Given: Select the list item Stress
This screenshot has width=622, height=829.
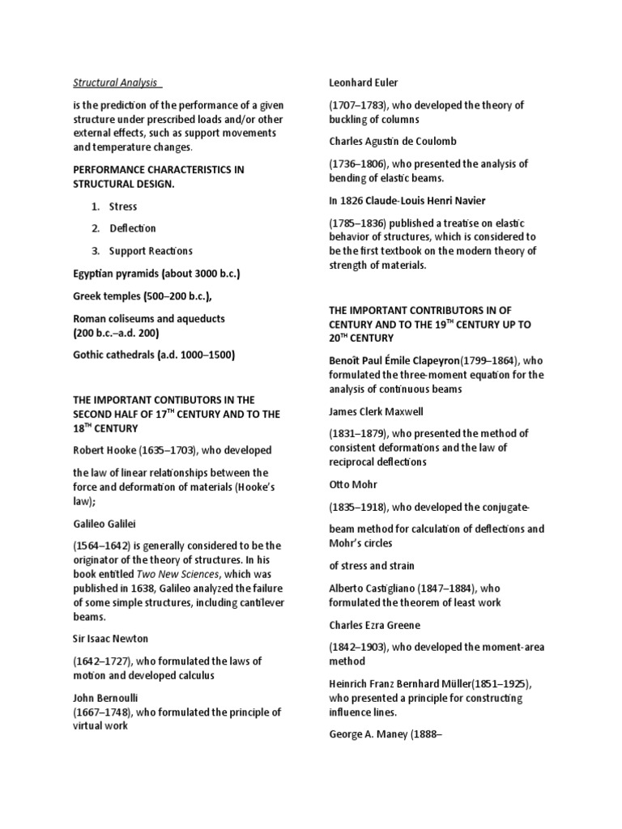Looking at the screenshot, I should point(123,206).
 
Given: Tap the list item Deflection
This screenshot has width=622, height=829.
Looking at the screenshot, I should point(133,228).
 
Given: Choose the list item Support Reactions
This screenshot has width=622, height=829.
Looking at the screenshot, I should point(151,251).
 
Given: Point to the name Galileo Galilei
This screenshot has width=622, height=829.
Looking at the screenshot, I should point(103,524).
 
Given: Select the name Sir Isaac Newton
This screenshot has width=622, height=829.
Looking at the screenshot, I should point(113,639).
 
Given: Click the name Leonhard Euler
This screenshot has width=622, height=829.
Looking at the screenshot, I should point(364,82).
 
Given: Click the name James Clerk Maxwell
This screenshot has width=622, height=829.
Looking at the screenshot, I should point(377,411).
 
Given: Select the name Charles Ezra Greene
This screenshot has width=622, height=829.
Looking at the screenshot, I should point(375,625).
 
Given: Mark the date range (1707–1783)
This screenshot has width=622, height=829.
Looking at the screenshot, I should point(360,104).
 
